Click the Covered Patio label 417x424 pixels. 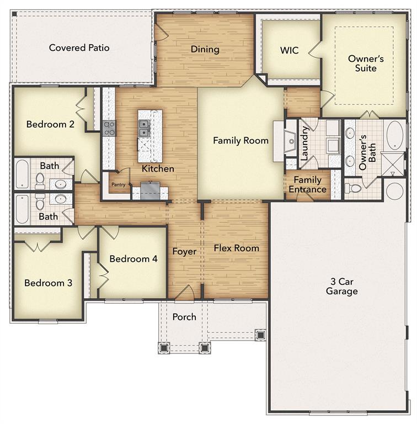(79, 48)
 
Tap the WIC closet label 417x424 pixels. (289, 50)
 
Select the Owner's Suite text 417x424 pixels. (362, 63)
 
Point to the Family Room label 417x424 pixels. (240, 141)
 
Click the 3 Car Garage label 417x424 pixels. (341, 286)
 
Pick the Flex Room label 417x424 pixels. (236, 248)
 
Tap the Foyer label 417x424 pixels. (184, 252)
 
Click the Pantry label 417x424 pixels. (119, 185)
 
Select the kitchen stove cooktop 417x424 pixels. (109, 128)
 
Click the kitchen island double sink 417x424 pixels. (145, 128)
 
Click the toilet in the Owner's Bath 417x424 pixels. (354, 188)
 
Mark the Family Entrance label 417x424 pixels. (307, 185)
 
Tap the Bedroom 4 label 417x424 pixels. (130, 259)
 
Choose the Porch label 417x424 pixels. (184, 317)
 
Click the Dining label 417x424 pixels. (205, 50)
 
